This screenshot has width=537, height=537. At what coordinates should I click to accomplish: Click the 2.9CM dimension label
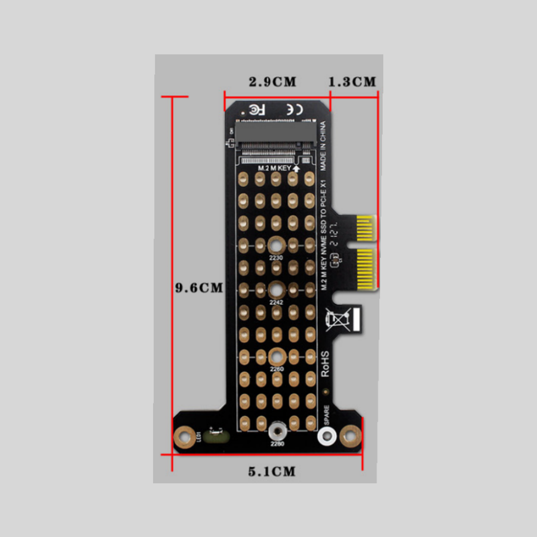pyautogui.click(x=273, y=82)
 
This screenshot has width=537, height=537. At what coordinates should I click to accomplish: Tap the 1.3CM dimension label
pyautogui.click(x=352, y=82)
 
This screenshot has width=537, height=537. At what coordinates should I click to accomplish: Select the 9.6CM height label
pyautogui.click(x=199, y=288)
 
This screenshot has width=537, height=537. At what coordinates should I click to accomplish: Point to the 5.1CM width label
pyautogui.click(x=272, y=472)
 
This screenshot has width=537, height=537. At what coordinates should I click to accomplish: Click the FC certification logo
pyautogui.click(x=257, y=110)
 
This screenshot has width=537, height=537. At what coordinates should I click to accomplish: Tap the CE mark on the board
pyautogui.click(x=295, y=109)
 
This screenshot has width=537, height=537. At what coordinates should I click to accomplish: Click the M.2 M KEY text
pyautogui.click(x=274, y=168)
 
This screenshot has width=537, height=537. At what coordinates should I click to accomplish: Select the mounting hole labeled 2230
pyautogui.click(x=276, y=246)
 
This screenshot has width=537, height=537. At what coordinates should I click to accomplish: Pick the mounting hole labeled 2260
pyautogui.click(x=277, y=357)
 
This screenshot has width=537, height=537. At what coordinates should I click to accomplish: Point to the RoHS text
pyautogui.click(x=325, y=364)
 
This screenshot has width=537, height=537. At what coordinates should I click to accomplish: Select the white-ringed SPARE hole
pyautogui.click(x=327, y=436)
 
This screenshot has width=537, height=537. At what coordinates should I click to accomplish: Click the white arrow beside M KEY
pyautogui.click(x=296, y=168)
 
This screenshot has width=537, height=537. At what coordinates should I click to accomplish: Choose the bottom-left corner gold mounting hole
pyautogui.click(x=184, y=437)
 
